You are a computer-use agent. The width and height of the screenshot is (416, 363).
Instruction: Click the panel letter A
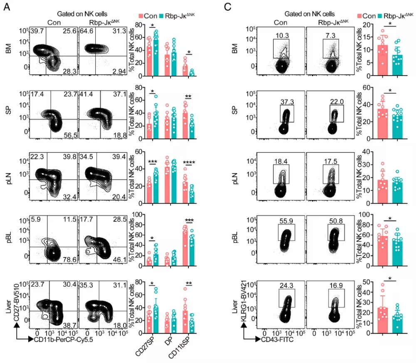pyautogui.click(x=7, y=7)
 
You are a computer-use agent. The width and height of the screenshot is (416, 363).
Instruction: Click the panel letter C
pyautogui.click(x=228, y=7)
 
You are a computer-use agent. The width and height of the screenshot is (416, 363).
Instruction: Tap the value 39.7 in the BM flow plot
pyautogui.click(x=37, y=31)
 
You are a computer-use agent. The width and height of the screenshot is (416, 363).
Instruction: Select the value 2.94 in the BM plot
pyautogui.click(x=119, y=71)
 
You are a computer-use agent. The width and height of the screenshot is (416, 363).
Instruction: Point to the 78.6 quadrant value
pyautogui.click(x=69, y=260)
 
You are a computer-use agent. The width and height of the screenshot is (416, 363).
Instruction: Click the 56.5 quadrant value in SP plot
pyautogui.click(x=70, y=135)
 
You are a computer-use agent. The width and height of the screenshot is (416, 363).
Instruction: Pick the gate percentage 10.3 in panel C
pyautogui.click(x=282, y=35)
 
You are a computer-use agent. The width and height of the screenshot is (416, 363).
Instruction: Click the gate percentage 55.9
pyautogui.click(x=286, y=221)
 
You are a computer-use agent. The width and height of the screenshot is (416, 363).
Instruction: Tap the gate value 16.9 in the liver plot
pyautogui.click(x=336, y=286)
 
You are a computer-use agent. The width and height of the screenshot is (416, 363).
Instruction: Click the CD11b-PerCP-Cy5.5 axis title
pyautogui.click(x=63, y=339)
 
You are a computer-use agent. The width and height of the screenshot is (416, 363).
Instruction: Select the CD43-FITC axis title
pyautogui.click(x=277, y=339)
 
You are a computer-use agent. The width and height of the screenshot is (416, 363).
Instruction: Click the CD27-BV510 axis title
pyautogui.click(x=17, y=302)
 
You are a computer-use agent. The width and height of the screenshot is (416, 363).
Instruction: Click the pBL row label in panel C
pyautogui.click(x=235, y=238)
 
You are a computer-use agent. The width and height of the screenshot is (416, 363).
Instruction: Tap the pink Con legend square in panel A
pyautogui.click(x=141, y=16)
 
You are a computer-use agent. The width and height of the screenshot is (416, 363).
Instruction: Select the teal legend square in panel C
pyautogui.click(x=380, y=16)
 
